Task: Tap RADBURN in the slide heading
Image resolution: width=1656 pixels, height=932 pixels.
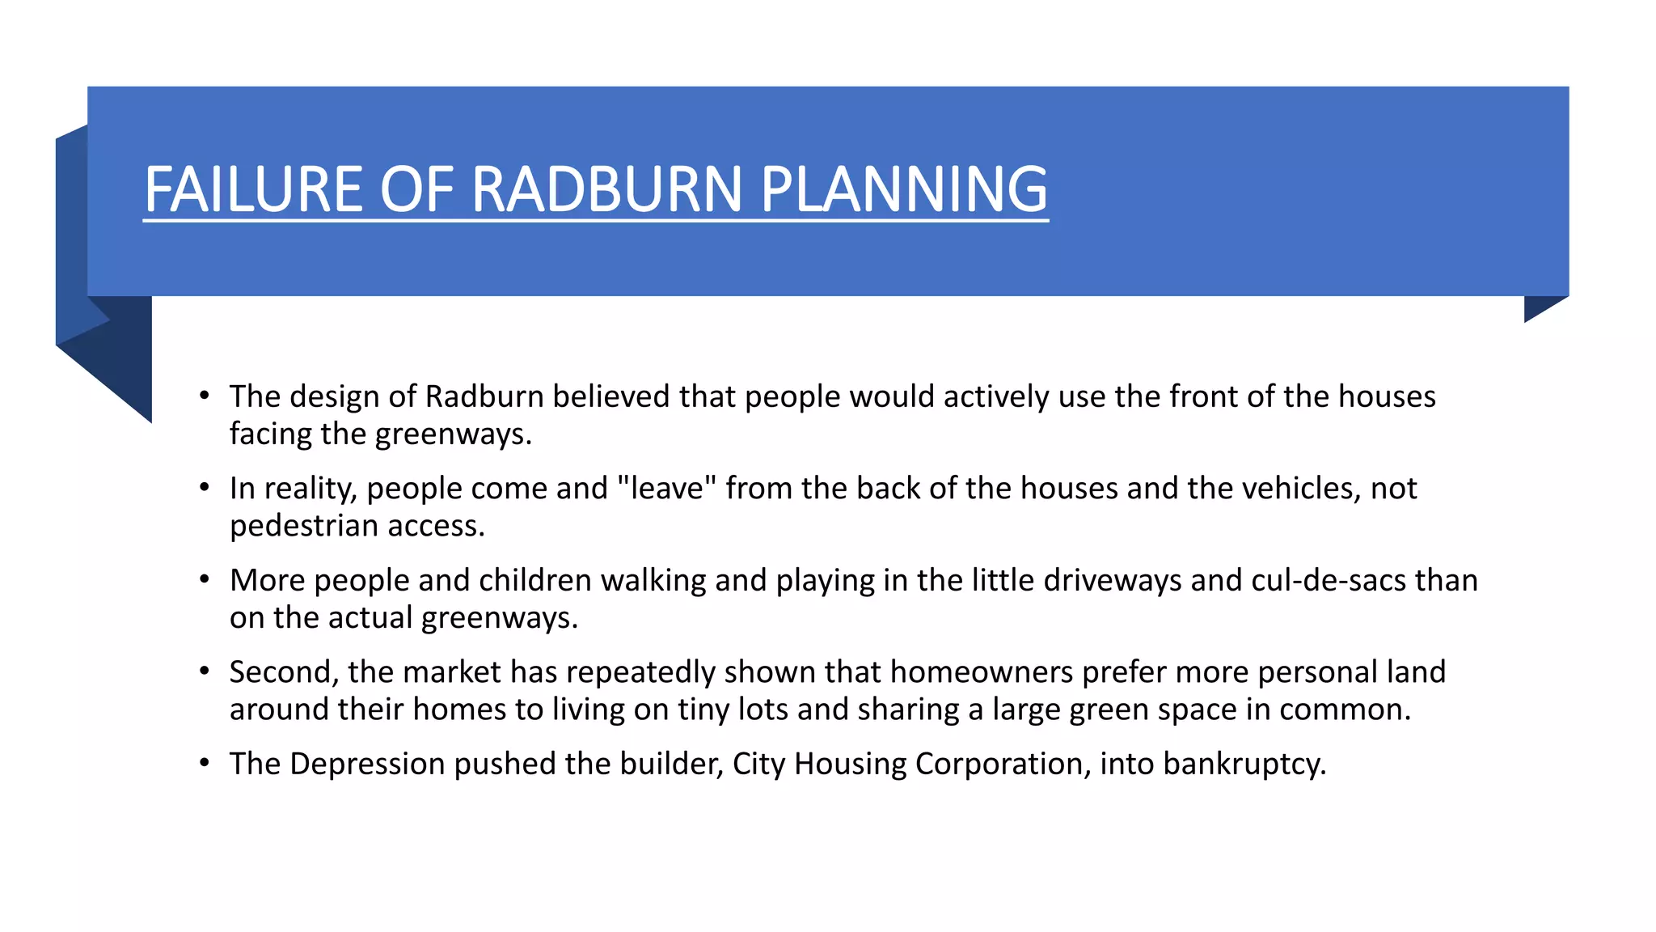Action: pos(606,189)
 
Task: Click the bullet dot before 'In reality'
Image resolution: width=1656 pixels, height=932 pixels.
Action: pos(205,489)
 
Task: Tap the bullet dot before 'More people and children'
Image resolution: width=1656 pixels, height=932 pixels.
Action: pos(205,580)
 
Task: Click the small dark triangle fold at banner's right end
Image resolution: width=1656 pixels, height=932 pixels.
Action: pos(1539,307)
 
